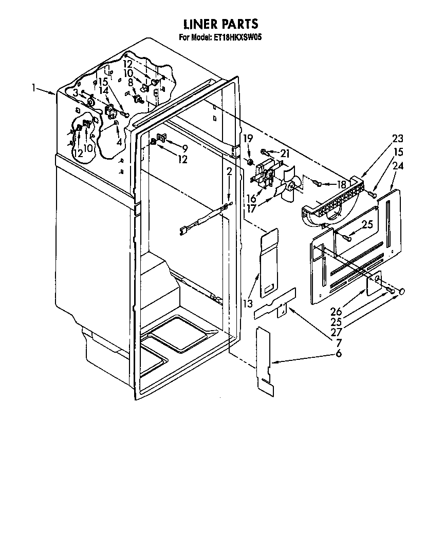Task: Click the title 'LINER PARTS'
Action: tap(221, 24)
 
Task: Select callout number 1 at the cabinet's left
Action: tap(34, 87)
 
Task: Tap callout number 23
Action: tap(398, 138)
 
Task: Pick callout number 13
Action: tap(248, 303)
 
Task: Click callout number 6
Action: tap(338, 353)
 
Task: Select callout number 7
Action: tap(339, 342)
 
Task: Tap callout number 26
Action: tap(336, 312)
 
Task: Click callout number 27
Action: tap(336, 332)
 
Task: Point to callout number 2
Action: tap(229, 172)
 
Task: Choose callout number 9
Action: tap(184, 148)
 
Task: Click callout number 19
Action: tap(248, 138)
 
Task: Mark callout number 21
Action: tap(285, 153)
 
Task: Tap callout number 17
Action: tap(251, 208)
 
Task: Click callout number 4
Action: tap(119, 142)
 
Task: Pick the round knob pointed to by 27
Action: tap(402, 292)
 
